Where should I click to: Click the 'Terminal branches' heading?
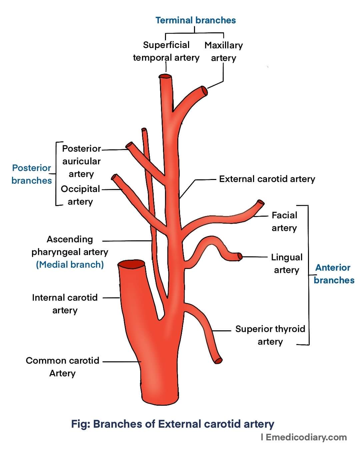point(196,20)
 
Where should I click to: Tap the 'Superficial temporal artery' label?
point(166,51)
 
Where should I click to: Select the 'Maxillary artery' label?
point(224,51)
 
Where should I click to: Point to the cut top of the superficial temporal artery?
point(165,77)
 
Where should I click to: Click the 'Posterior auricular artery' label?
point(81,161)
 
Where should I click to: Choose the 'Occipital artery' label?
point(80,195)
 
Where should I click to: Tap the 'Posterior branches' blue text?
point(32,174)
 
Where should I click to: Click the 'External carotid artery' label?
point(267,179)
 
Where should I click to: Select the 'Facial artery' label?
point(284,221)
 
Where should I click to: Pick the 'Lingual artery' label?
point(287,263)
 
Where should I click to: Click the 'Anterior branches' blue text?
point(334,274)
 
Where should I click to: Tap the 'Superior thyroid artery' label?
point(270,335)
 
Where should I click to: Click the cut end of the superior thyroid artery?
point(218,360)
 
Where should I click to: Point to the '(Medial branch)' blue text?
point(70,265)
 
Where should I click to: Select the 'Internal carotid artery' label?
point(65,304)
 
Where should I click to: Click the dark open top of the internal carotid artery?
point(132,265)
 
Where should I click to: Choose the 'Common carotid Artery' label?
point(63,367)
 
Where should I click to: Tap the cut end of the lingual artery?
point(239,256)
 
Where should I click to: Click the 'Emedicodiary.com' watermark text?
point(306,437)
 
